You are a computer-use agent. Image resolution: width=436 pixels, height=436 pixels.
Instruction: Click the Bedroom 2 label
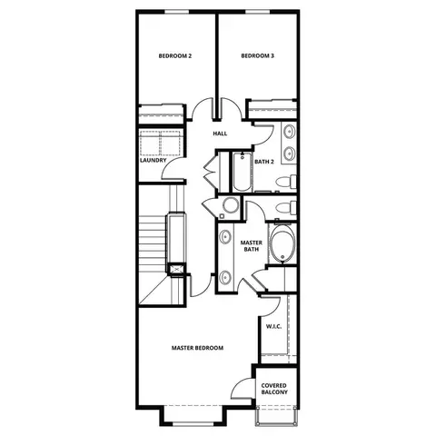[x=175, y=56]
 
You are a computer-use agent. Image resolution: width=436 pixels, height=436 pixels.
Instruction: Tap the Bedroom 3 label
[x=258, y=56]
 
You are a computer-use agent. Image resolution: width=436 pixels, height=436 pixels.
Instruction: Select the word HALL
[x=220, y=134]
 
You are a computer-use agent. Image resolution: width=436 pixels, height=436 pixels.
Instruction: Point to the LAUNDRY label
[x=154, y=160]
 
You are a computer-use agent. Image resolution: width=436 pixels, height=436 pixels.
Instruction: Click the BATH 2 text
[x=264, y=162]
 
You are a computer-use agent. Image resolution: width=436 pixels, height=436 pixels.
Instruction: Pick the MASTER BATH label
[x=252, y=246]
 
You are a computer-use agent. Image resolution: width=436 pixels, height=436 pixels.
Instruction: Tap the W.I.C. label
[x=274, y=327]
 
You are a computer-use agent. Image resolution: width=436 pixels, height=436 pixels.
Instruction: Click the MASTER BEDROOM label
[x=197, y=348]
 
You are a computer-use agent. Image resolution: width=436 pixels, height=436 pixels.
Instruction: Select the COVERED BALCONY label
[x=274, y=389]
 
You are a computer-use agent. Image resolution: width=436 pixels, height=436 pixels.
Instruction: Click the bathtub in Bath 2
[x=243, y=172]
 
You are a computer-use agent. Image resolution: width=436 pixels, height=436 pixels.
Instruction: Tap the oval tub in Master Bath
[x=282, y=243]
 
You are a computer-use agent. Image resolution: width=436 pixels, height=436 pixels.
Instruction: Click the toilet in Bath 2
[x=286, y=182]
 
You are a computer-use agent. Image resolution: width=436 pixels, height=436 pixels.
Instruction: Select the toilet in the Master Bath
[x=286, y=208]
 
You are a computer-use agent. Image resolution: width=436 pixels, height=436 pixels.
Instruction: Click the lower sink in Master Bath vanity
[x=225, y=277]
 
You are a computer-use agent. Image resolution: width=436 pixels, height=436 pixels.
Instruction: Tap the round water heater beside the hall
[x=231, y=205]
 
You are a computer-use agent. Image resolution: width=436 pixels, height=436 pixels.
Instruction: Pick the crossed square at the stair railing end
[x=176, y=269]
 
